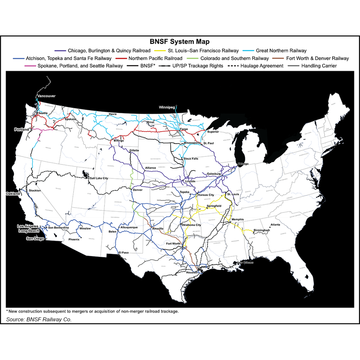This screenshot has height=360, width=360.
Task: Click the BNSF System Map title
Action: [x=180, y=42]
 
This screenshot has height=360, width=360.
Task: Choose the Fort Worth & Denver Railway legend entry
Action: [x=317, y=58]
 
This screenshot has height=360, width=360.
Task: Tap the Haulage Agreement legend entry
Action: [x=260, y=66]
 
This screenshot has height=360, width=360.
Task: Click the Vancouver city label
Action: [x=46, y=96]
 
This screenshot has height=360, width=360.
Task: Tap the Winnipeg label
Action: [x=167, y=108]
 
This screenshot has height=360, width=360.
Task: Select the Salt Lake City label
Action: [x=99, y=178]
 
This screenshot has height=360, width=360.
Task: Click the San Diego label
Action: [x=35, y=238]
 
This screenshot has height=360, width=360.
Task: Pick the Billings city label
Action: [x=119, y=141]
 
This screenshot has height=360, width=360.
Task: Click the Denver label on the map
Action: [x=137, y=190]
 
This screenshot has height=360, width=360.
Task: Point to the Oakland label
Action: [x=12, y=194]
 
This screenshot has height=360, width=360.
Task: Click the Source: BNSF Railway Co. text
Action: [x=39, y=319]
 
